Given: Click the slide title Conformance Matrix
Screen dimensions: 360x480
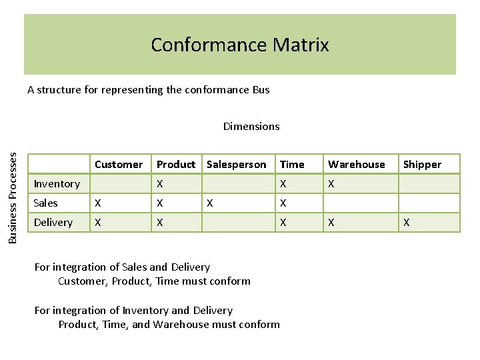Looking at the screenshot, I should (240, 45).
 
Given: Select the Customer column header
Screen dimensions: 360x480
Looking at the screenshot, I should (119, 164).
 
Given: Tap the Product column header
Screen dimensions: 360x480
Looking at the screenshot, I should (176, 164).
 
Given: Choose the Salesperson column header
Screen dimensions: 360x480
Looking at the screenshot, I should (236, 164).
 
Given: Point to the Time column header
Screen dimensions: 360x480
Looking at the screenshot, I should (292, 164).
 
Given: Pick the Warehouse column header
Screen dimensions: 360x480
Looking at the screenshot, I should (356, 164).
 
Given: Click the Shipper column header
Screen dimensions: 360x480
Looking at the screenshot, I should (422, 164).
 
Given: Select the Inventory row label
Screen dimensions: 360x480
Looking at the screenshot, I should (57, 184).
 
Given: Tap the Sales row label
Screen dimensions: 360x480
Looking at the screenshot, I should (46, 203).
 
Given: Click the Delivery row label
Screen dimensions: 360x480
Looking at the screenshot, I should (53, 223).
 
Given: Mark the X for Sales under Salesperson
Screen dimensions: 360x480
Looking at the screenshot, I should (211, 203).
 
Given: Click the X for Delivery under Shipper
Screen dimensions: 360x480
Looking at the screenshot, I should (407, 223).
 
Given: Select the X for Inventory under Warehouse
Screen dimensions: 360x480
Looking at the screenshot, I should (331, 184).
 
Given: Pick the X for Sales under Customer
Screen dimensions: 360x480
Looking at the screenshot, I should (99, 203).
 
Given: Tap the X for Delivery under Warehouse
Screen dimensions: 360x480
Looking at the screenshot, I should (331, 223).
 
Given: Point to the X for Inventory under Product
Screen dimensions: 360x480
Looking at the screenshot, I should (160, 184).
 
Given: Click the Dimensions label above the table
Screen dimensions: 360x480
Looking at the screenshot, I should (251, 126).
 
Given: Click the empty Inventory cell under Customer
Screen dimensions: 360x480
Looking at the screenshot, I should (121, 184).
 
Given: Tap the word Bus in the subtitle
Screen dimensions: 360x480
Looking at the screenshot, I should (261, 89).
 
